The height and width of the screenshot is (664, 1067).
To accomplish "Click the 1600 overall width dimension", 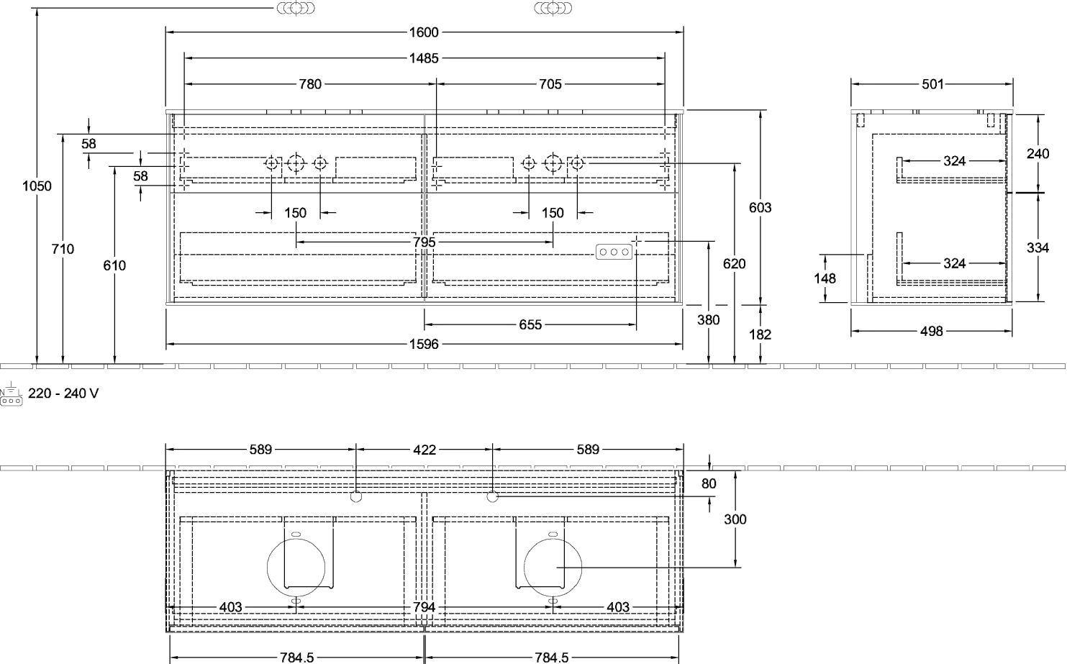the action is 424,32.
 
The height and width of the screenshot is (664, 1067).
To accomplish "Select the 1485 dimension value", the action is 424,58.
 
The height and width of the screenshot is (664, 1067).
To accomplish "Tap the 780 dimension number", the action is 310,84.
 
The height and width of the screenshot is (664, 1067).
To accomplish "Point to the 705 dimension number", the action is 550,84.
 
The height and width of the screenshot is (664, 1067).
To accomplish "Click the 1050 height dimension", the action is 37,186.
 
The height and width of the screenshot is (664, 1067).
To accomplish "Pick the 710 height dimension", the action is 63,249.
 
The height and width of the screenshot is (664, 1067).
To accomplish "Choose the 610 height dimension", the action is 114,265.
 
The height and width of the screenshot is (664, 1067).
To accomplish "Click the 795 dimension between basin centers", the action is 424,242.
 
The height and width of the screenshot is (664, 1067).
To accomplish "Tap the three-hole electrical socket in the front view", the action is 614,252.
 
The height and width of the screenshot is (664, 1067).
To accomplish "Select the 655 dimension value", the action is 530,325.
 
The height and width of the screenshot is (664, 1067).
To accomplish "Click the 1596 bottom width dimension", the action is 424,344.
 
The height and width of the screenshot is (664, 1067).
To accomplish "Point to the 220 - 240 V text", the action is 63,394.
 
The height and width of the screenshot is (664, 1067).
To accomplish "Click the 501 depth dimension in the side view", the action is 932,84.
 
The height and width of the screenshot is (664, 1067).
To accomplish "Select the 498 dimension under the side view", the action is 931,331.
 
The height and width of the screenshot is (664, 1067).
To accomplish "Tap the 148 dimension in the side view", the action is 825,278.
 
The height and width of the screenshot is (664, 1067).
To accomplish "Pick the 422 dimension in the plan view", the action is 424,450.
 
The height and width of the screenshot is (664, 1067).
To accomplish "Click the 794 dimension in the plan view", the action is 424,607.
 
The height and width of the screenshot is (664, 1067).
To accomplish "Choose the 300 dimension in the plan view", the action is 735,519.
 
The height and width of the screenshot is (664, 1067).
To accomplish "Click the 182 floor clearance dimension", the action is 760,335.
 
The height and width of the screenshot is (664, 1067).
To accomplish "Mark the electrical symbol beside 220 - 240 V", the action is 11,394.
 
